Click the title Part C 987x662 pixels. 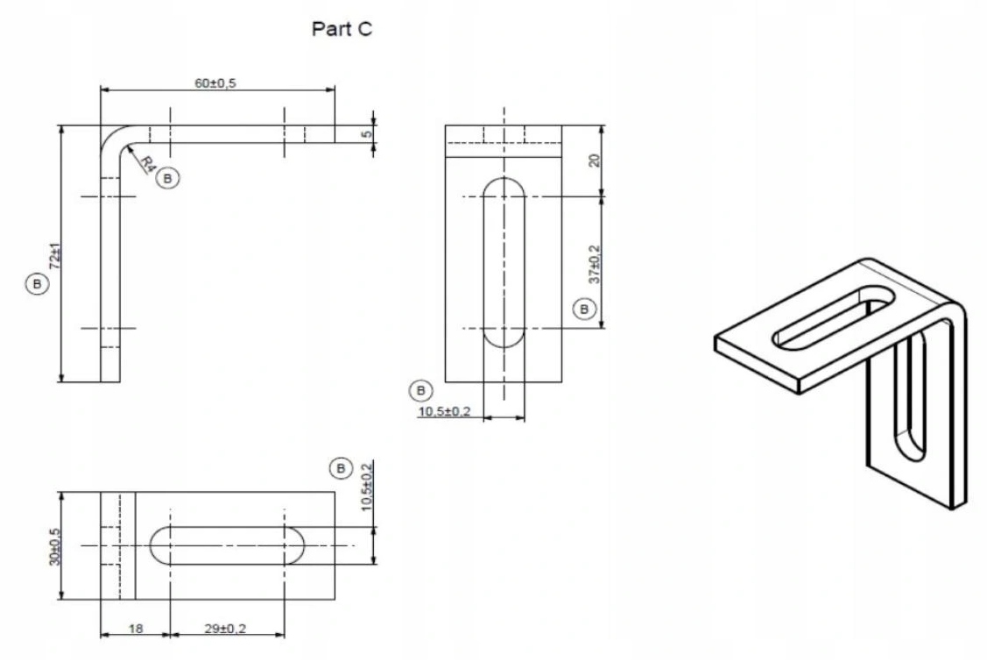pyautogui.click(x=342, y=29)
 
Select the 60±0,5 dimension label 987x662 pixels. pyautogui.click(x=215, y=82)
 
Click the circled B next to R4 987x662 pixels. pyautogui.click(x=167, y=178)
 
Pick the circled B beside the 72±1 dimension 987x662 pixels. pyautogui.click(x=37, y=284)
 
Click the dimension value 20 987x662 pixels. pyautogui.click(x=594, y=160)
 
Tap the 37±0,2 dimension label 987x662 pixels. pyautogui.click(x=594, y=264)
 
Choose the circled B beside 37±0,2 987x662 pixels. pyautogui.click(x=583, y=309)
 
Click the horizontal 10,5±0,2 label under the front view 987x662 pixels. pyautogui.click(x=444, y=412)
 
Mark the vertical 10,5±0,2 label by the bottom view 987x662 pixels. pyautogui.click(x=368, y=486)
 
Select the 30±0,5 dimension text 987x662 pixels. pyautogui.click(x=55, y=546)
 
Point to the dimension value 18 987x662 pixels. pyautogui.click(x=136, y=628)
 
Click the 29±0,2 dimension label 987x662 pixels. pyautogui.click(x=225, y=628)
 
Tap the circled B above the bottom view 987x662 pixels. pyautogui.click(x=341, y=468)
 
